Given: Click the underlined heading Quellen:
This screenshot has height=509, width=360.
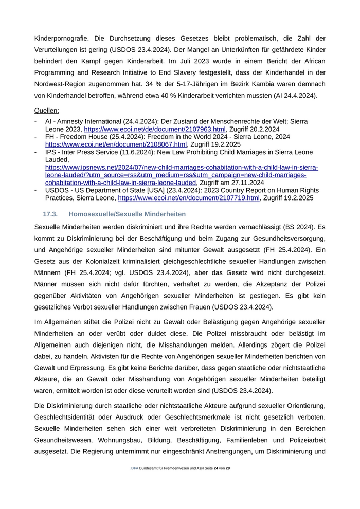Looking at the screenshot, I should pos(46,110).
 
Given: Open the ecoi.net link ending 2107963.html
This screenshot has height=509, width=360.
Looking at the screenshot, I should pos(155,129).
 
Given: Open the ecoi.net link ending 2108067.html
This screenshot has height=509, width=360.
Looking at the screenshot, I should pos(116,144).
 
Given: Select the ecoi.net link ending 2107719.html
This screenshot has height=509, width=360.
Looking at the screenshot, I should pos(188,198).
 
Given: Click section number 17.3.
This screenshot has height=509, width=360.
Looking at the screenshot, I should pos(50,214).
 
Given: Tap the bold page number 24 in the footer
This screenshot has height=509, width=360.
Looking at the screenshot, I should pos(216,469).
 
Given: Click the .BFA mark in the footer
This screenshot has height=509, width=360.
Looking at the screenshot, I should pos(134,469).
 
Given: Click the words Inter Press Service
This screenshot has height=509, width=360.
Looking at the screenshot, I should pos(84,152).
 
